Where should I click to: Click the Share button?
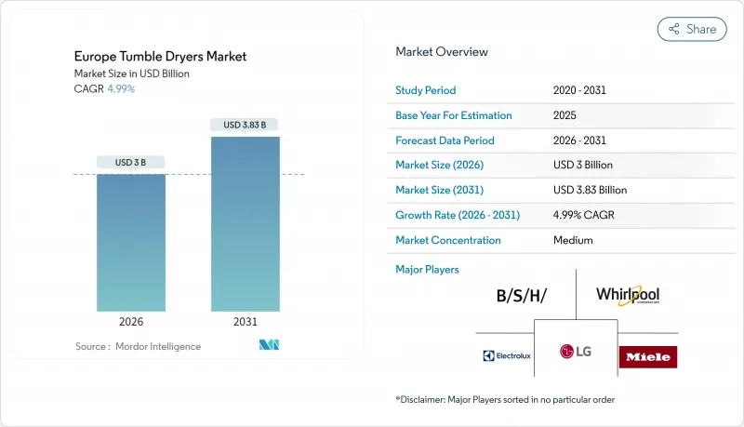pyautogui.click(x=692, y=29)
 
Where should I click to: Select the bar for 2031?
pyautogui.click(x=246, y=223)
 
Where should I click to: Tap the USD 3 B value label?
pyautogui.click(x=131, y=163)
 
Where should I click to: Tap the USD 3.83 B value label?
pyautogui.click(x=246, y=125)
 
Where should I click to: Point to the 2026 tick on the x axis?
pyautogui.click(x=131, y=323)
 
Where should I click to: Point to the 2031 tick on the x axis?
pyautogui.click(x=246, y=323)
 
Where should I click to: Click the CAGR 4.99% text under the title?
pyautogui.click(x=106, y=89)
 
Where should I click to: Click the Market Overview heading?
pyautogui.click(x=442, y=51)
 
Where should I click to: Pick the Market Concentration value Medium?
pyautogui.click(x=574, y=240)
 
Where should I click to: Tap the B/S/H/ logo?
pyautogui.click(x=521, y=297)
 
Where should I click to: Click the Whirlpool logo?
pyautogui.click(x=628, y=296)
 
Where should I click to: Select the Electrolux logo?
pyautogui.click(x=506, y=355)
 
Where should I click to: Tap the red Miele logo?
pyautogui.click(x=649, y=356)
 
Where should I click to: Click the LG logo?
pyautogui.click(x=576, y=351)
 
